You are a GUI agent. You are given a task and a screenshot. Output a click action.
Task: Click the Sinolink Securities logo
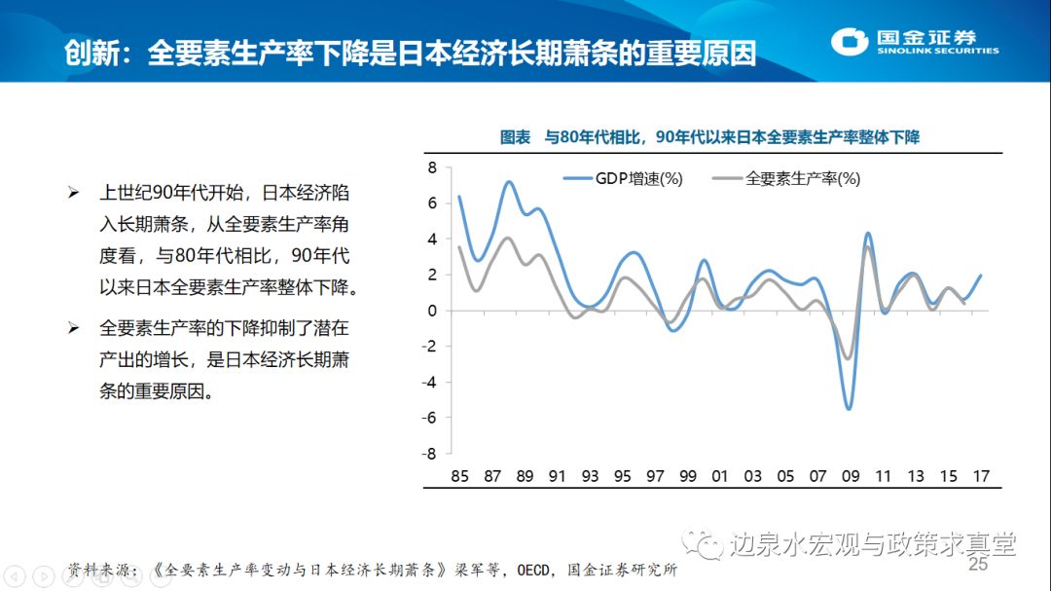click(915, 42)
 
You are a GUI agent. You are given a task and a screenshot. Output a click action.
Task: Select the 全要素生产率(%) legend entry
click(787, 178)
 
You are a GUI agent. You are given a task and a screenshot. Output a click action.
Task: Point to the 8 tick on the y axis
click(435, 167)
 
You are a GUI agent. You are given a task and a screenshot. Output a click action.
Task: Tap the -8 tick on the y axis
click(431, 454)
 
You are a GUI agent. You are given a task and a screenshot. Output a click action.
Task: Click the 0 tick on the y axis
click(435, 311)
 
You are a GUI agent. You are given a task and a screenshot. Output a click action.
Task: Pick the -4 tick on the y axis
click(431, 382)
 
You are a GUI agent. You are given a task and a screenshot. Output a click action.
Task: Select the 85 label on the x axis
click(459, 477)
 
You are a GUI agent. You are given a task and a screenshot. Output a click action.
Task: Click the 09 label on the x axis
click(851, 477)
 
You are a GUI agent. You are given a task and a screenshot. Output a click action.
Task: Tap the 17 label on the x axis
click(981, 477)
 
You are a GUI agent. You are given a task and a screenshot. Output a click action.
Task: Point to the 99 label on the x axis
click(687, 477)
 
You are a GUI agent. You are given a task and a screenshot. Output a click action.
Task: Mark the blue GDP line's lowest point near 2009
click(850, 409)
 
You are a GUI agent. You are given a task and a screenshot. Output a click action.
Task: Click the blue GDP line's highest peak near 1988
click(509, 182)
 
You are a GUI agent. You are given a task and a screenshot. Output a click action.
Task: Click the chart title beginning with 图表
click(709, 138)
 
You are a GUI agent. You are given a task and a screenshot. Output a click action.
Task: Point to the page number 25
click(977, 565)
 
